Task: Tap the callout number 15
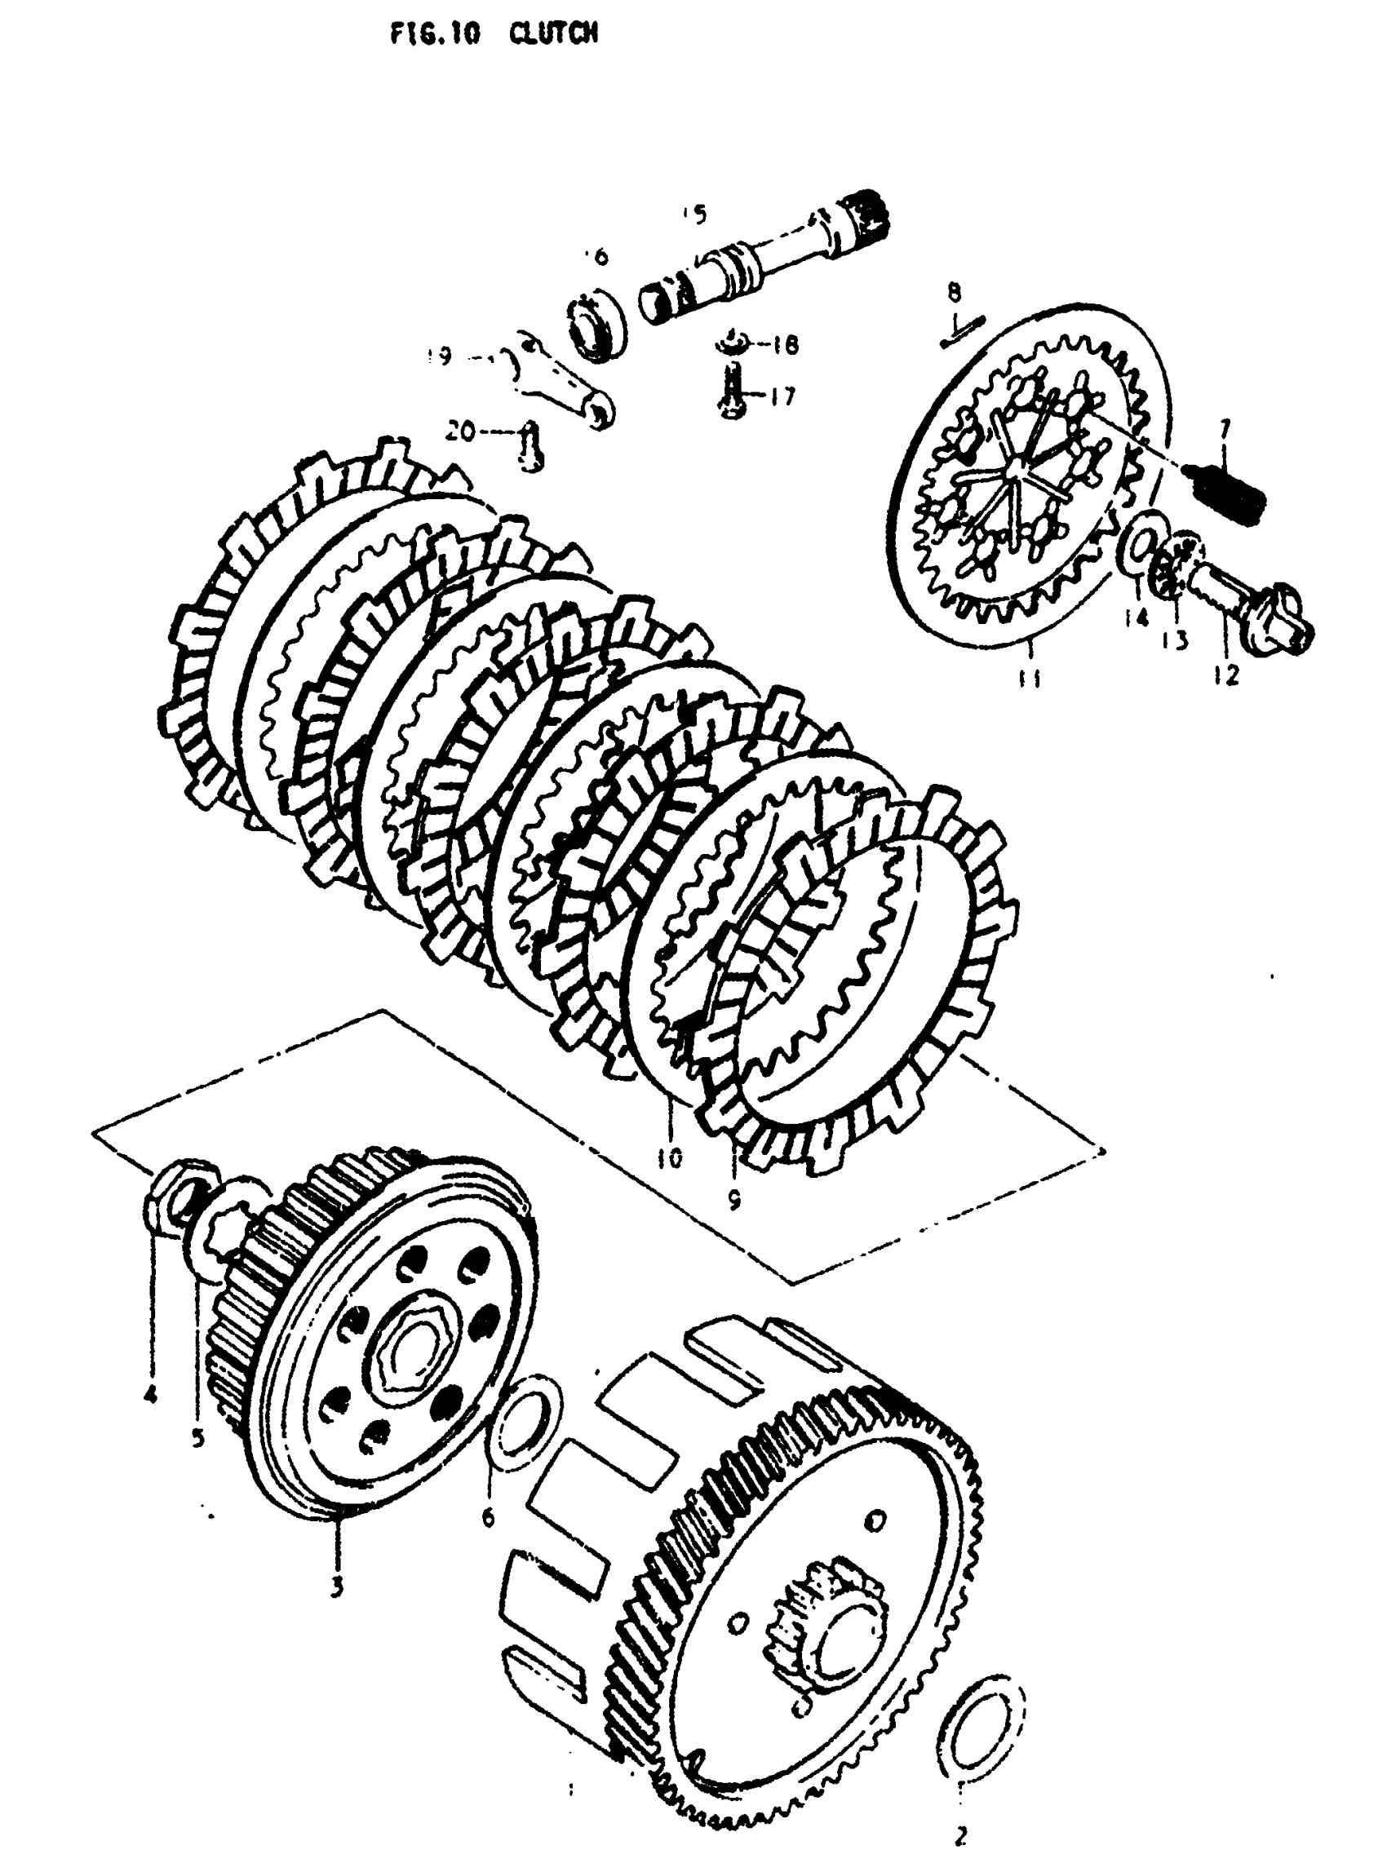coord(695,214)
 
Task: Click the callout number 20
coord(460,431)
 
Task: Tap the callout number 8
coord(954,293)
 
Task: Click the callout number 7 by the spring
coord(1225,430)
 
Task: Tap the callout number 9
coord(733,1201)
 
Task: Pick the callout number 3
coord(336,1586)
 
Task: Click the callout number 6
coord(489,1517)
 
